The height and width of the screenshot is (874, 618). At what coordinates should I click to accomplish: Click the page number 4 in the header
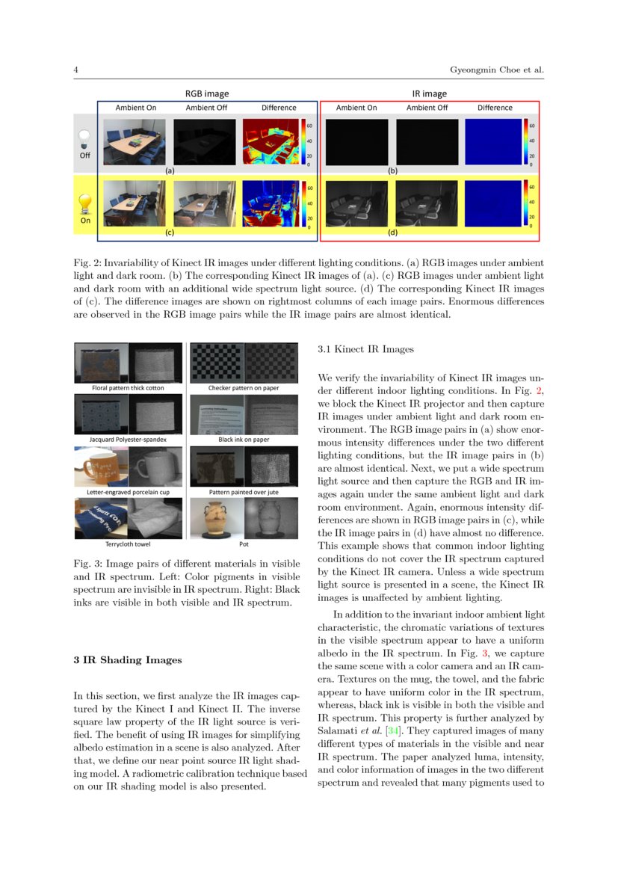(76, 70)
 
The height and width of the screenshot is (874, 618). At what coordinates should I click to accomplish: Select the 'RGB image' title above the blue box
(207, 94)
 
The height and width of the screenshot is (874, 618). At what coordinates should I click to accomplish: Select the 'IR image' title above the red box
(429, 94)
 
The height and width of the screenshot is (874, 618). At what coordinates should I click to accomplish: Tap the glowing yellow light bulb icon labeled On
(85, 203)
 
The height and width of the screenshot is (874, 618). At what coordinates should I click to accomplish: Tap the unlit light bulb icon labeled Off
(85, 137)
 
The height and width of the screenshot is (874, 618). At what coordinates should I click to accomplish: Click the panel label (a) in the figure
(170, 170)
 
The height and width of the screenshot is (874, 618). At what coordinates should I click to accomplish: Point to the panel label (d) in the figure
(392, 233)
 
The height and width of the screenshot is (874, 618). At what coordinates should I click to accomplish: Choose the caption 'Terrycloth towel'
(129, 544)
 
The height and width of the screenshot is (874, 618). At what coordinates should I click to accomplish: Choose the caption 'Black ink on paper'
(244, 440)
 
